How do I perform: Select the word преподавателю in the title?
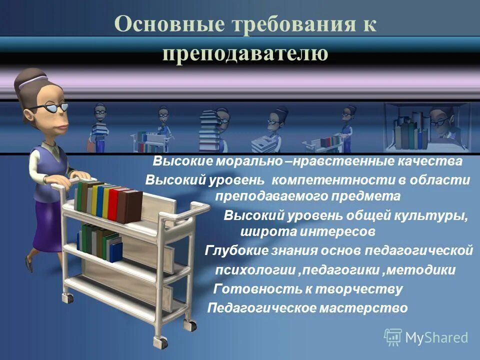click(x=245, y=53)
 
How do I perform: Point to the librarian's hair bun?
click(x=25, y=80)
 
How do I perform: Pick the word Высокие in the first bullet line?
click(x=183, y=162)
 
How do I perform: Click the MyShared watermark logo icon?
click(x=393, y=336)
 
